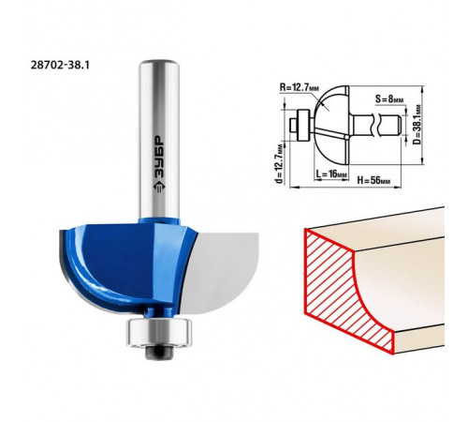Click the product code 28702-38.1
[60, 66]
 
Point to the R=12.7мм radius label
[300, 87]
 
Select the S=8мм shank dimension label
[389, 99]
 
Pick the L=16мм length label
[330, 174]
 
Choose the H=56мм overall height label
[373, 180]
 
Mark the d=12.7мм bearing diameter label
[280, 163]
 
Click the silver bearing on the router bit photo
[159, 332]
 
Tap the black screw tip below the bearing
[159, 352]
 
